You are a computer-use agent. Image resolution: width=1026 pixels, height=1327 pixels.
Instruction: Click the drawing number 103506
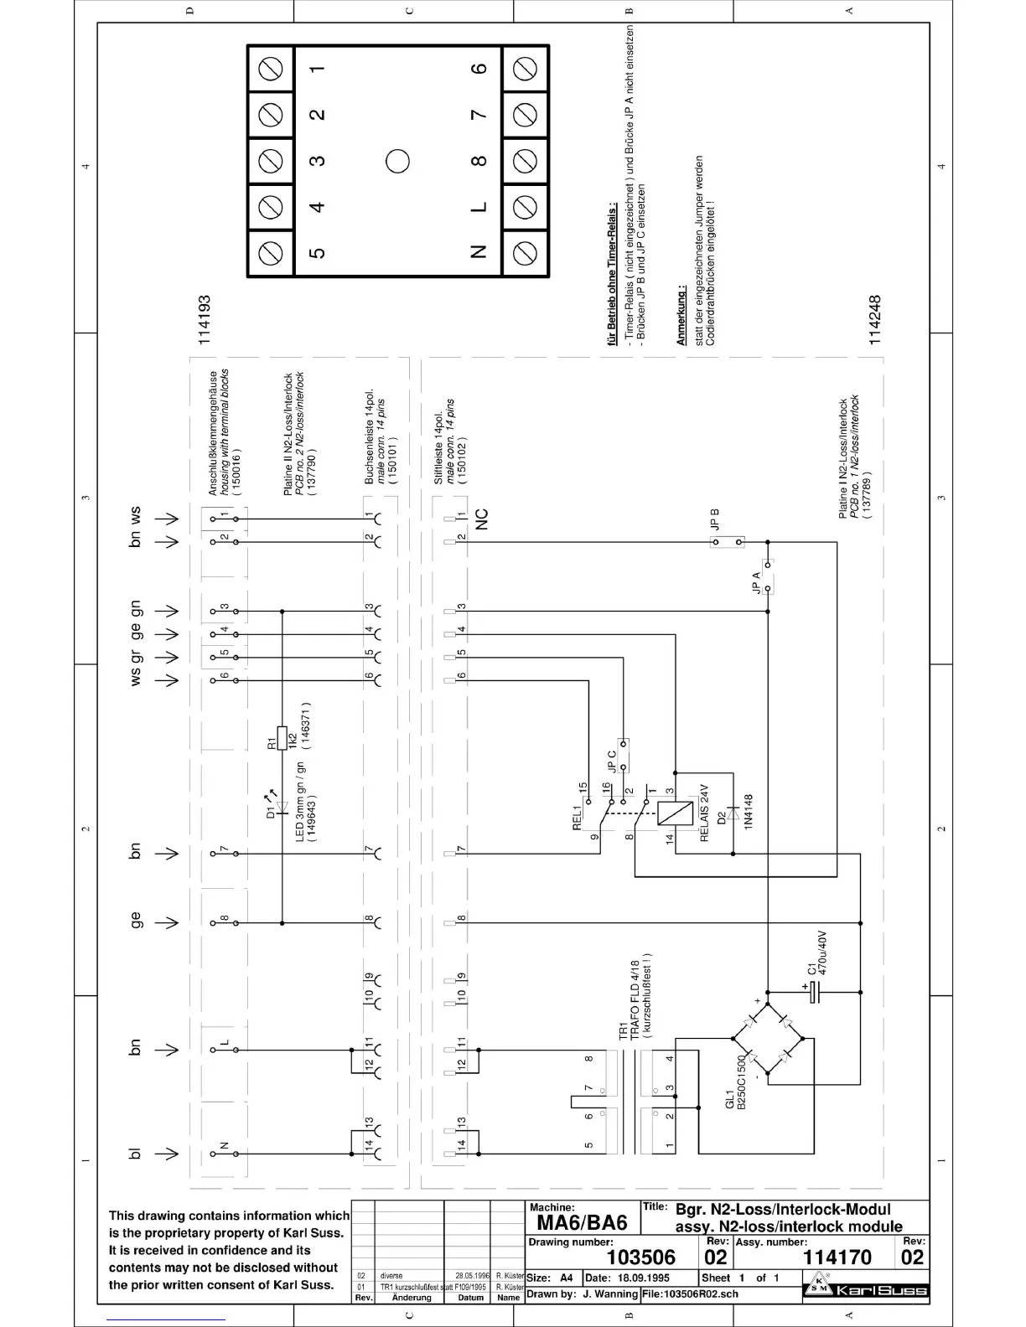640,1257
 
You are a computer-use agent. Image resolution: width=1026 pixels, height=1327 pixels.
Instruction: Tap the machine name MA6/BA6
582,1222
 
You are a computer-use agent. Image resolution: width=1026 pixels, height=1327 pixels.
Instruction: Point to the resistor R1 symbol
282,738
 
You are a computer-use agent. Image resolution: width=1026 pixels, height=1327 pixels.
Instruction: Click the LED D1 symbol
282,808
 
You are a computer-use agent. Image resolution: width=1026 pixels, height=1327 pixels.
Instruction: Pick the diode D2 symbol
733,813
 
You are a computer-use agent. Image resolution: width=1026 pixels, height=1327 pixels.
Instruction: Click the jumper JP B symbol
727,542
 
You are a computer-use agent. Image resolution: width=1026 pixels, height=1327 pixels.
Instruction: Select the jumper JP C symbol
623,755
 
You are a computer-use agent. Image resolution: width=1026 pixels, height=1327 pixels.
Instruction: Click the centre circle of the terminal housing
397,160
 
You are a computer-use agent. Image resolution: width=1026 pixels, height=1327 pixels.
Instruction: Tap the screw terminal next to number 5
271,252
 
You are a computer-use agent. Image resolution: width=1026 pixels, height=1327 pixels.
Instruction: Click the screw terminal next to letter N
525,252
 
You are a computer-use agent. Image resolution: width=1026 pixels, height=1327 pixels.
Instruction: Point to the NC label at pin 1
481,519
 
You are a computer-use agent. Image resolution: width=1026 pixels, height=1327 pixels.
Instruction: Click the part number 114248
874,319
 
